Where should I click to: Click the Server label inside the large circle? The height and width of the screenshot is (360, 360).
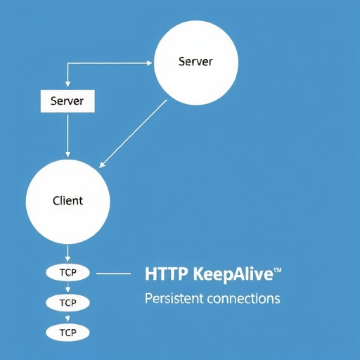pyautogui.click(x=195, y=62)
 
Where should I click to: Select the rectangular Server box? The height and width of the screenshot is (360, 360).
pyautogui.click(x=67, y=101)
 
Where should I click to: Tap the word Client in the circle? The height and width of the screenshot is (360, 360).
pyautogui.click(x=67, y=201)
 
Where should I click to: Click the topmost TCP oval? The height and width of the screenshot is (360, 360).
pyautogui.click(x=67, y=273)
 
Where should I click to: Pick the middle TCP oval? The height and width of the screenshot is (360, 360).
pyautogui.click(x=67, y=302)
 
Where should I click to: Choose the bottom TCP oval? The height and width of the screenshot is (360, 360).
pyautogui.click(x=67, y=333)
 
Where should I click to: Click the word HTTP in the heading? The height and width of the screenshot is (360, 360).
pyautogui.click(x=167, y=274)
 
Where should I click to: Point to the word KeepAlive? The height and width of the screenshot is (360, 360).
pyautogui.click(x=233, y=274)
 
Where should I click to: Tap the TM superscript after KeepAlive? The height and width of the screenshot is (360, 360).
pyautogui.click(x=278, y=270)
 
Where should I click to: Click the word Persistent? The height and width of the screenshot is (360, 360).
pyautogui.click(x=174, y=299)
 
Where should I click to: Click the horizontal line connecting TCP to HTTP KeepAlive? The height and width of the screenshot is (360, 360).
pyautogui.click(x=113, y=274)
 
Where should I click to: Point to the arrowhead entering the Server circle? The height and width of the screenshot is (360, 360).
pyautogui.click(x=149, y=63)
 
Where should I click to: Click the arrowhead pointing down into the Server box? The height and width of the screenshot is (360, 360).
pyautogui.click(x=67, y=84)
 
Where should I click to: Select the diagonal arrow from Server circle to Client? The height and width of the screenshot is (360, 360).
pyautogui.click(x=133, y=134)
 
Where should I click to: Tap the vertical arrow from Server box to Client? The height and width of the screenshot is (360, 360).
pyautogui.click(x=67, y=136)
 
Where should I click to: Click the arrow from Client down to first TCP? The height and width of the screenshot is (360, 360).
pyautogui.click(x=67, y=253)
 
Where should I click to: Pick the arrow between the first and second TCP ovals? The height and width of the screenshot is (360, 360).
pyautogui.click(x=67, y=288)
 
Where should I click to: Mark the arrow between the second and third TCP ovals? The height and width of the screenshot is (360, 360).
pyautogui.click(x=67, y=318)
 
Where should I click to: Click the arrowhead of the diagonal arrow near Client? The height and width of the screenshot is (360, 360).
pyautogui.click(x=101, y=165)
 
